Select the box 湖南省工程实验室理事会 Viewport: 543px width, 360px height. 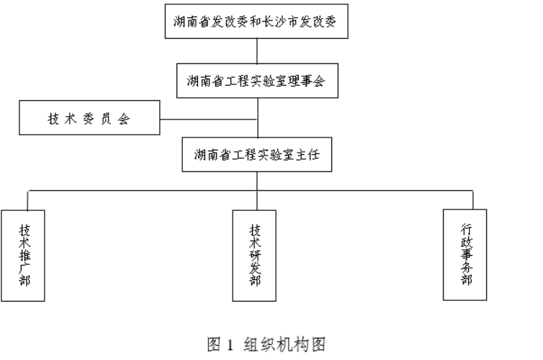257,81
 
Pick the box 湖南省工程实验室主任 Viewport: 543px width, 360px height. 257,154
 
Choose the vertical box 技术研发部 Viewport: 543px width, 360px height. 255,255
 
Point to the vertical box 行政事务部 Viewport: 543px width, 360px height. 465,254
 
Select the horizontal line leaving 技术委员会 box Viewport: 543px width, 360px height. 208,118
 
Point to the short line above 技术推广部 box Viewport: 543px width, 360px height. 27,199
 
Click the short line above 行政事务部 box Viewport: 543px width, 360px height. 473,199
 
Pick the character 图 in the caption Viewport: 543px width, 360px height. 215,344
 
